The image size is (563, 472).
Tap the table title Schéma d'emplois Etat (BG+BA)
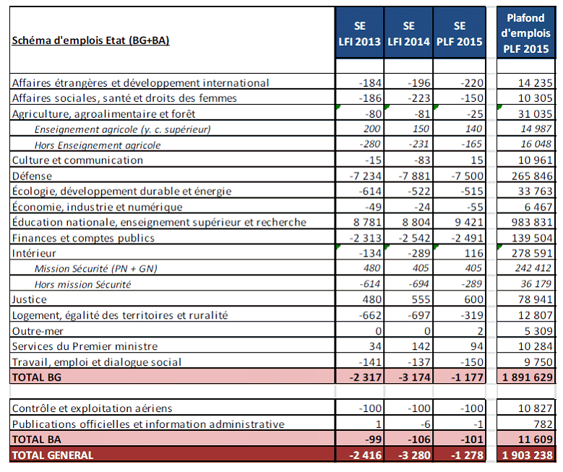(x=90, y=40)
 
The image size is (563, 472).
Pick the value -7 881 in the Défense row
(x=409, y=176)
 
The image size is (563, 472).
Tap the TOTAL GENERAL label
(x=53, y=455)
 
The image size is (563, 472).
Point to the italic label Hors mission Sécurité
(x=82, y=285)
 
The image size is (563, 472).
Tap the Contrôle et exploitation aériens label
(x=93, y=408)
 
